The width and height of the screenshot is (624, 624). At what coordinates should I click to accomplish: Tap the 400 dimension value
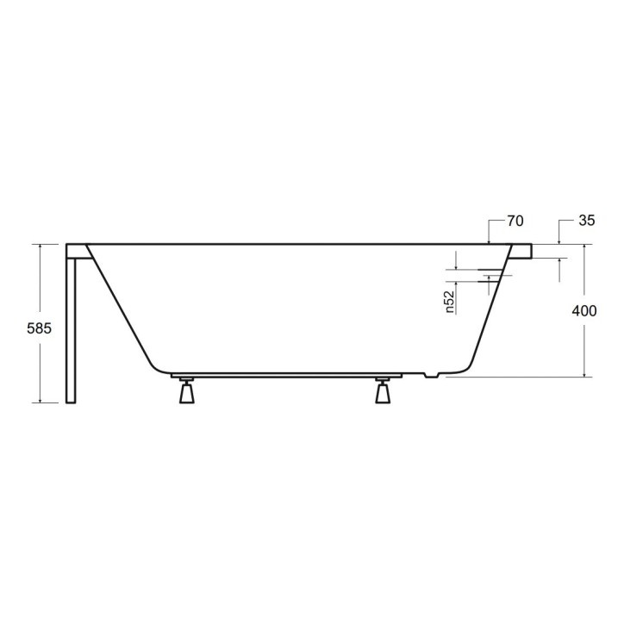585,311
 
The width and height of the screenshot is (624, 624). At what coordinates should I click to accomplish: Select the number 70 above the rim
515,222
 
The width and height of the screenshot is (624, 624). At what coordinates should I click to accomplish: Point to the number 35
586,222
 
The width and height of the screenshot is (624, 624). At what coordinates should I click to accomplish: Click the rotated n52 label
450,303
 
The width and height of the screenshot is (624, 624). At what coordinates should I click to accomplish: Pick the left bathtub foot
185,392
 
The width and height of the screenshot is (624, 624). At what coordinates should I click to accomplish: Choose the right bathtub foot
383,392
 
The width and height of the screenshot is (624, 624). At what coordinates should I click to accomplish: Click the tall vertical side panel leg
72,328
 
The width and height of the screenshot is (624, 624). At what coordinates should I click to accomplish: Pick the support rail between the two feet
284,377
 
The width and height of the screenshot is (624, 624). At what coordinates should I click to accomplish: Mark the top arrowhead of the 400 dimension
585,247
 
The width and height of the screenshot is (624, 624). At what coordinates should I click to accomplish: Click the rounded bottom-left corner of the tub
155,365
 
